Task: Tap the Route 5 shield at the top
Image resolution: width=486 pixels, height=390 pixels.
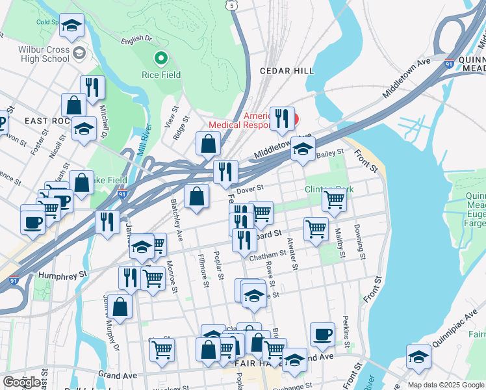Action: (x=231, y=5)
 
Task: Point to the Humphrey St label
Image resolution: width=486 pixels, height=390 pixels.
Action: (x=62, y=275)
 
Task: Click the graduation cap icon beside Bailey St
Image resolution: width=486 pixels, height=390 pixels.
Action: (x=303, y=149)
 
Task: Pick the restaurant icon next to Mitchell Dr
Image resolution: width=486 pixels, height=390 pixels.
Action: (x=92, y=87)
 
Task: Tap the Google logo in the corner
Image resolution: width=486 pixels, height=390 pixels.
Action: (x=22, y=382)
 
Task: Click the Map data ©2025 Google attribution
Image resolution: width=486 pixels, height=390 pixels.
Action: (x=446, y=385)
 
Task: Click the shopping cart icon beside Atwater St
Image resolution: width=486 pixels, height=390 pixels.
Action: (x=316, y=228)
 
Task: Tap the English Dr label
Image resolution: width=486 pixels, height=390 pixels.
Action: (x=136, y=40)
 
